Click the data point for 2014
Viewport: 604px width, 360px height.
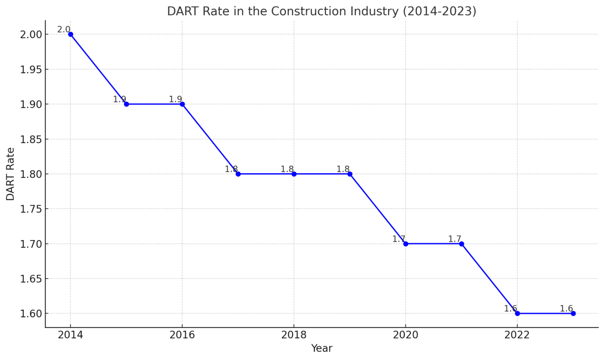point(71,34)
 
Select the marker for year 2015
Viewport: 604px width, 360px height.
point(127,104)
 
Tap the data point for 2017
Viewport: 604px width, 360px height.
point(238,174)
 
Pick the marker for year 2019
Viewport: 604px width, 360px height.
point(350,174)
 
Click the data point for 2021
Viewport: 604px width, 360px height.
point(462,244)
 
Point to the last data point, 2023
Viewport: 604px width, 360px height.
point(573,313)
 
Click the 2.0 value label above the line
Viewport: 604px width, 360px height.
point(64,29)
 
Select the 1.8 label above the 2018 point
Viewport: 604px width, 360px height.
point(287,169)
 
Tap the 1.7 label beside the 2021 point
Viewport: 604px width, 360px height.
point(455,239)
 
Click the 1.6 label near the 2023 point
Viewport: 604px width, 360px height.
point(566,309)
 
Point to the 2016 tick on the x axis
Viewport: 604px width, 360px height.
point(182,335)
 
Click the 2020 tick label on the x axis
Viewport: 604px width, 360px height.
point(406,335)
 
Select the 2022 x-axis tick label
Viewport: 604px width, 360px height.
point(517,335)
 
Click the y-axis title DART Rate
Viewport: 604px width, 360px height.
point(10,174)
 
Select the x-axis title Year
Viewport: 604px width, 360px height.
point(322,348)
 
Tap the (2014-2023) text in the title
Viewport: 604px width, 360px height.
point(439,11)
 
